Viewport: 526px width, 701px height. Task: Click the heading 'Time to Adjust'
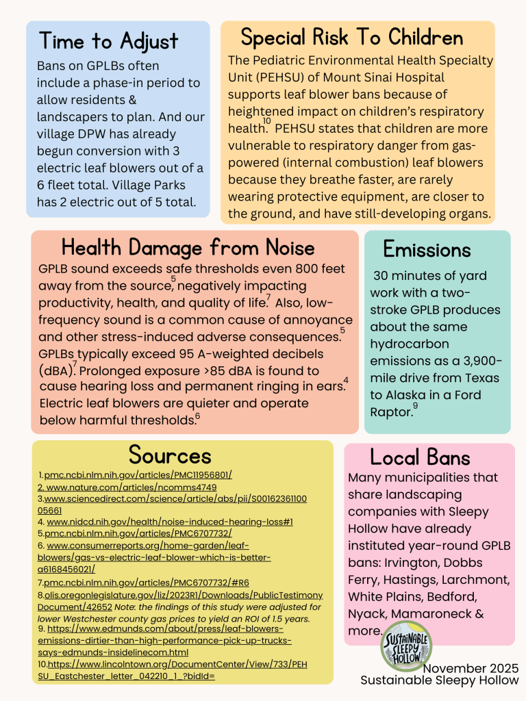[109, 41]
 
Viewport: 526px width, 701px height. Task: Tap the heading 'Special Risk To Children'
[352, 36]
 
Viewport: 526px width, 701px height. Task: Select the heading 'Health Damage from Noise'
[188, 247]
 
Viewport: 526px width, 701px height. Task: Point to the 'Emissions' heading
[427, 248]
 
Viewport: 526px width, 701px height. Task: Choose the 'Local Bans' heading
[420, 457]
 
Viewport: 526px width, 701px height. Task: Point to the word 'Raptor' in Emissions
[389, 411]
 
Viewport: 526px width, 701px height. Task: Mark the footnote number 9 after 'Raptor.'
[415, 407]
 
